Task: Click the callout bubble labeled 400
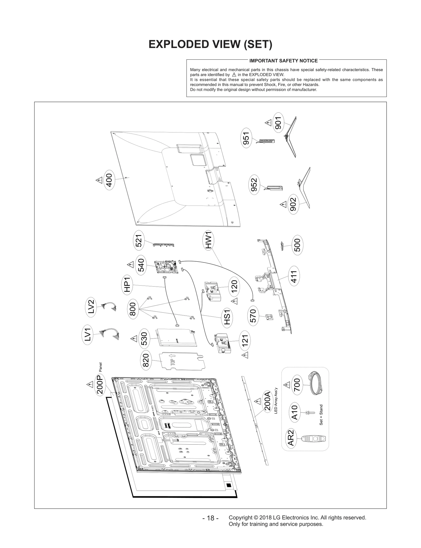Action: pyautogui.click(x=109, y=180)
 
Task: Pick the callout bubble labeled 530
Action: pyautogui.click(x=145, y=339)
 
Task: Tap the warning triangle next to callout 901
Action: pyautogui.click(x=268, y=123)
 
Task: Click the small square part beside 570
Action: pyautogui.click(x=269, y=317)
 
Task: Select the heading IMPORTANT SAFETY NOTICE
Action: pyautogui.click(x=283, y=61)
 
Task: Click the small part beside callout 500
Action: pyautogui.click(x=282, y=246)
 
